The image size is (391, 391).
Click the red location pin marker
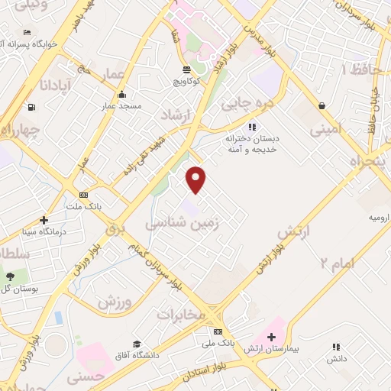pyautogui.click(x=196, y=180)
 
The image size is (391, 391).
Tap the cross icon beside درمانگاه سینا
pyautogui.click(x=44, y=220)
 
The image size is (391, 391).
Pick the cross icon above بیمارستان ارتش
pyautogui.click(x=271, y=337)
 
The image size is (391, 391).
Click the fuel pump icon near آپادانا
pyautogui.click(x=31, y=108)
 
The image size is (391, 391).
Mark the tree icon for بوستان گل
pyautogui.click(x=10, y=276)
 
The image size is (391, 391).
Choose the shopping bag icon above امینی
pyautogui.click(x=322, y=105)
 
